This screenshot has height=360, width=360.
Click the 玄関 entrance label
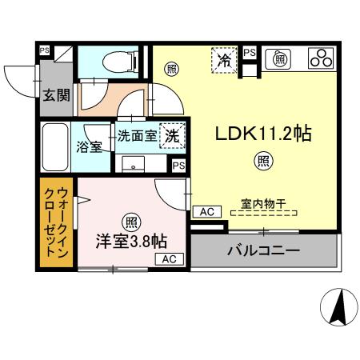[56, 96]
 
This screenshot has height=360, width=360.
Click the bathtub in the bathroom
[54, 146]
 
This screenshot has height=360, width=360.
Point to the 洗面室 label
[137, 135]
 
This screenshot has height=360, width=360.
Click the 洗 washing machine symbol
[170, 136]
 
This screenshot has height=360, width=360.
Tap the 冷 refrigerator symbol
[225, 59]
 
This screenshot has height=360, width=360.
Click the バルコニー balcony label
[262, 250]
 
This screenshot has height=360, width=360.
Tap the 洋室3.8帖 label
[132, 239]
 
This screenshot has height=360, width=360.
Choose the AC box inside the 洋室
[169, 259]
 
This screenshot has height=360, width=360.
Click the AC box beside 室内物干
[206, 211]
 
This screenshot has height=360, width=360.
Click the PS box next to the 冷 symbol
[250, 52]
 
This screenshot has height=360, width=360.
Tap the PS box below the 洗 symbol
[178, 165]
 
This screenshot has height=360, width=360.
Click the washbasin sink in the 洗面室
[133, 163]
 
